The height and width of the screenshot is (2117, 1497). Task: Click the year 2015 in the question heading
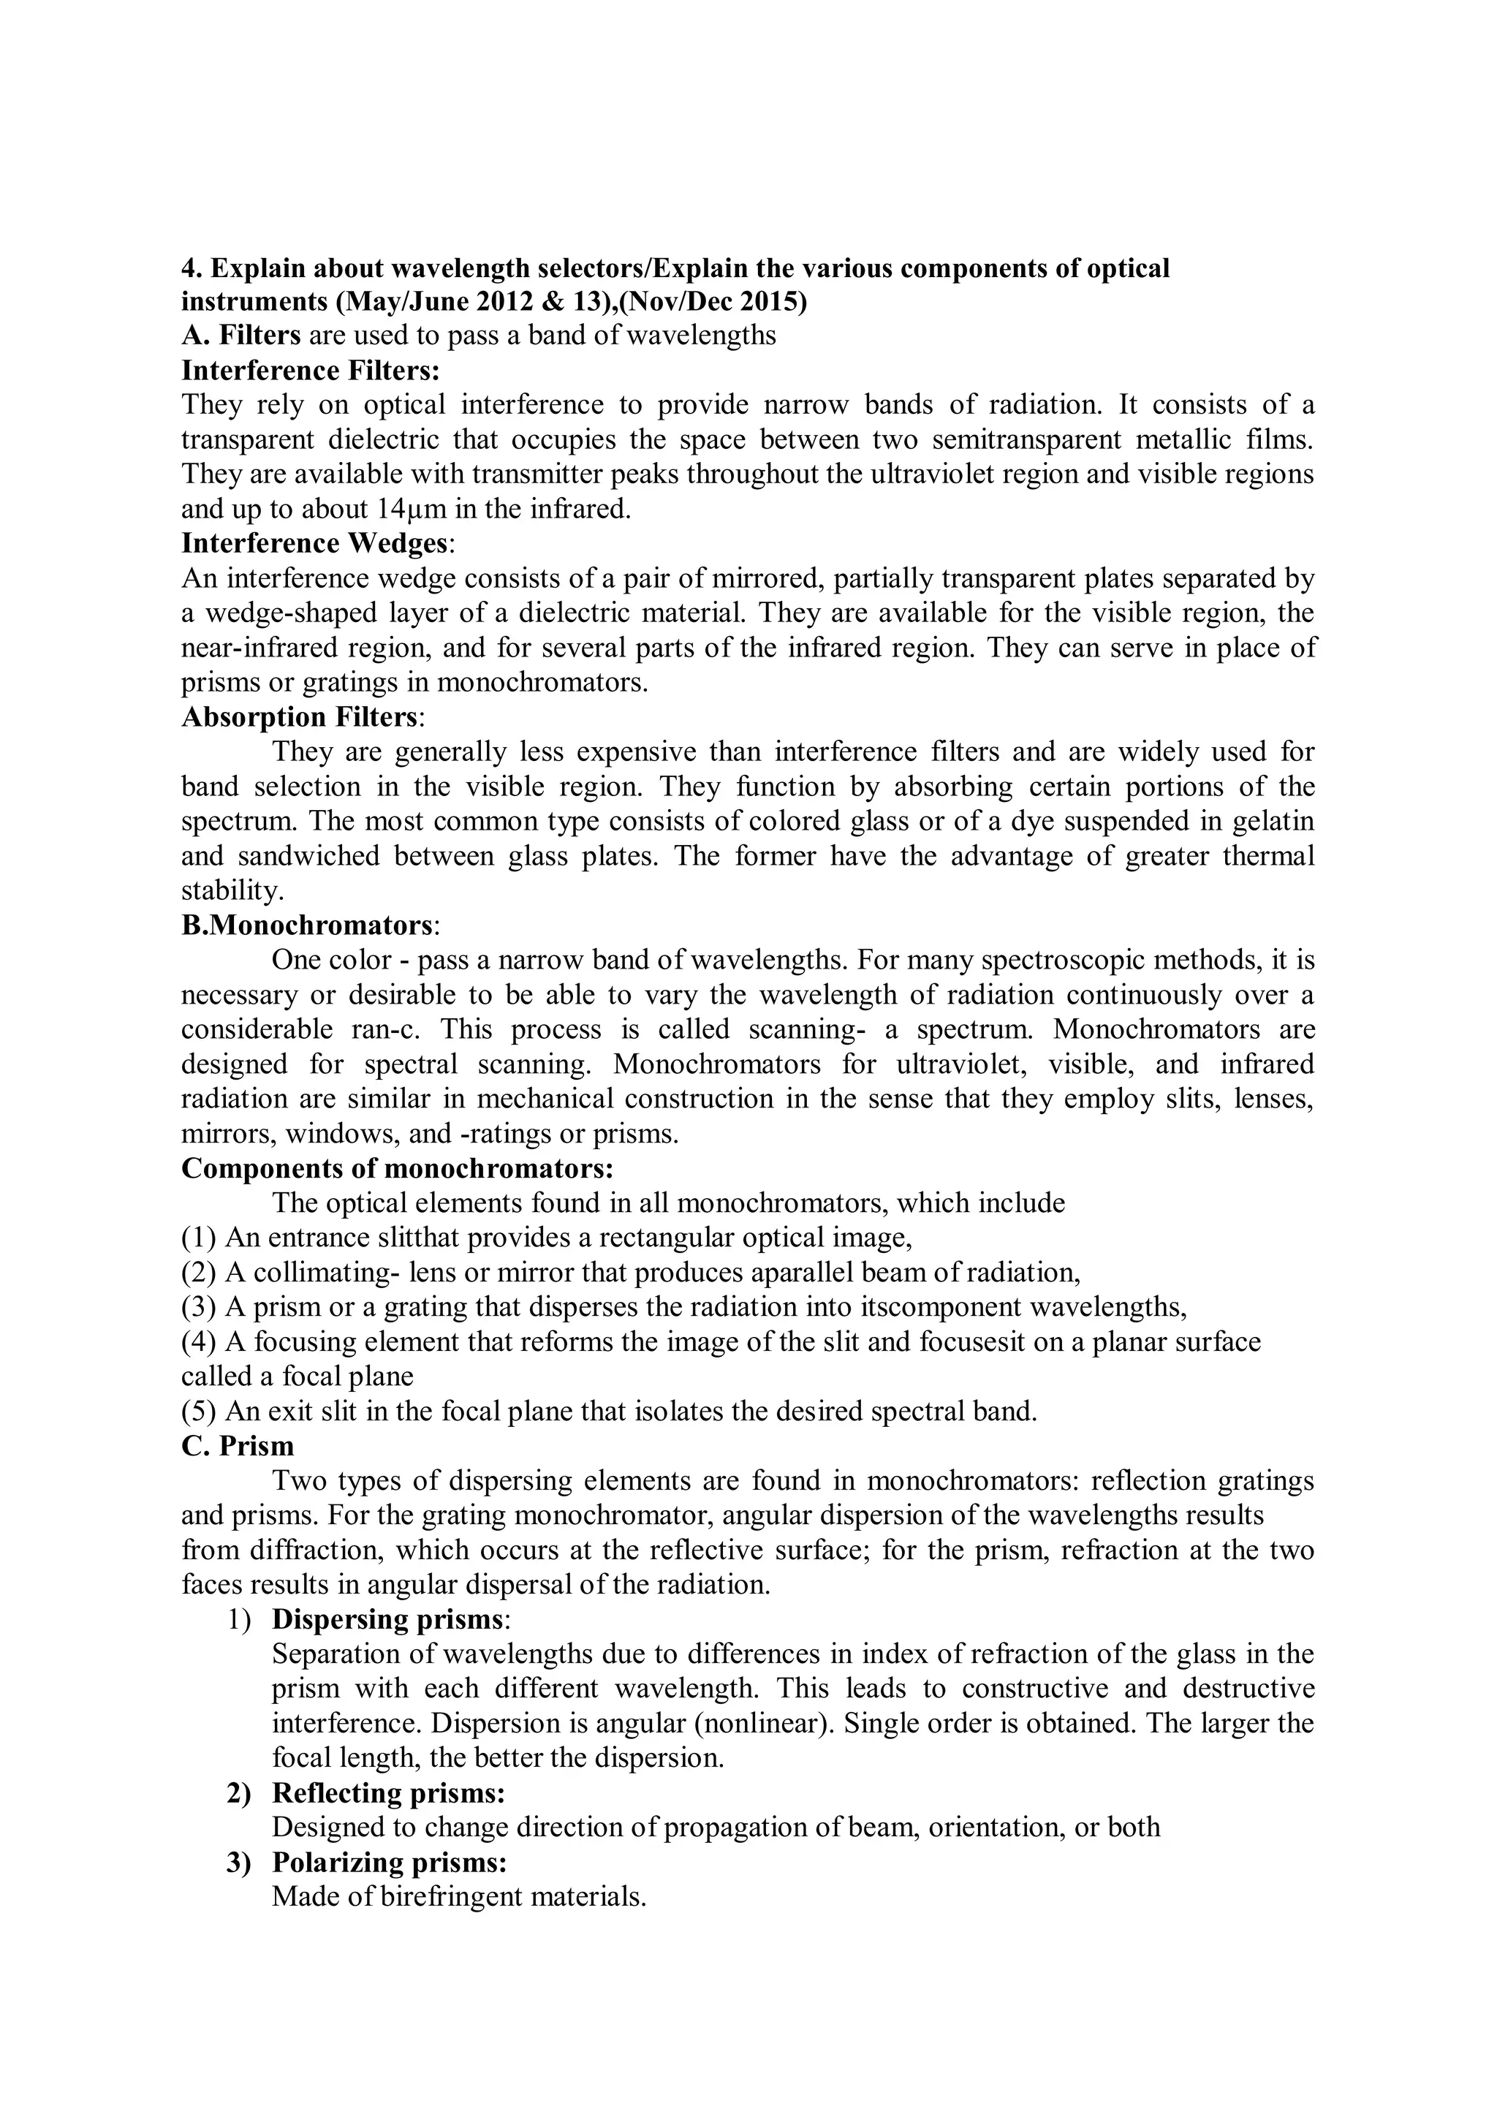tap(770, 301)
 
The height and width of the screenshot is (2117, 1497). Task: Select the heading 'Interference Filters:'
tap(311, 370)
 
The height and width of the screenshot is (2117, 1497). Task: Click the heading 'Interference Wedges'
tap(314, 543)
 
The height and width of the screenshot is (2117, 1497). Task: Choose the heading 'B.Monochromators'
tap(306, 925)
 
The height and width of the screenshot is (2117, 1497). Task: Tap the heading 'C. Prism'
tap(238, 1446)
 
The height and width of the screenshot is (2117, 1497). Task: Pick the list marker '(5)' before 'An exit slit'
tap(199, 1412)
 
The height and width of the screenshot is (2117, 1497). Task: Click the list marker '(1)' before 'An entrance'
tap(199, 1238)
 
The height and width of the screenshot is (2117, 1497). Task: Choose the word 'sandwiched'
tap(308, 856)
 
